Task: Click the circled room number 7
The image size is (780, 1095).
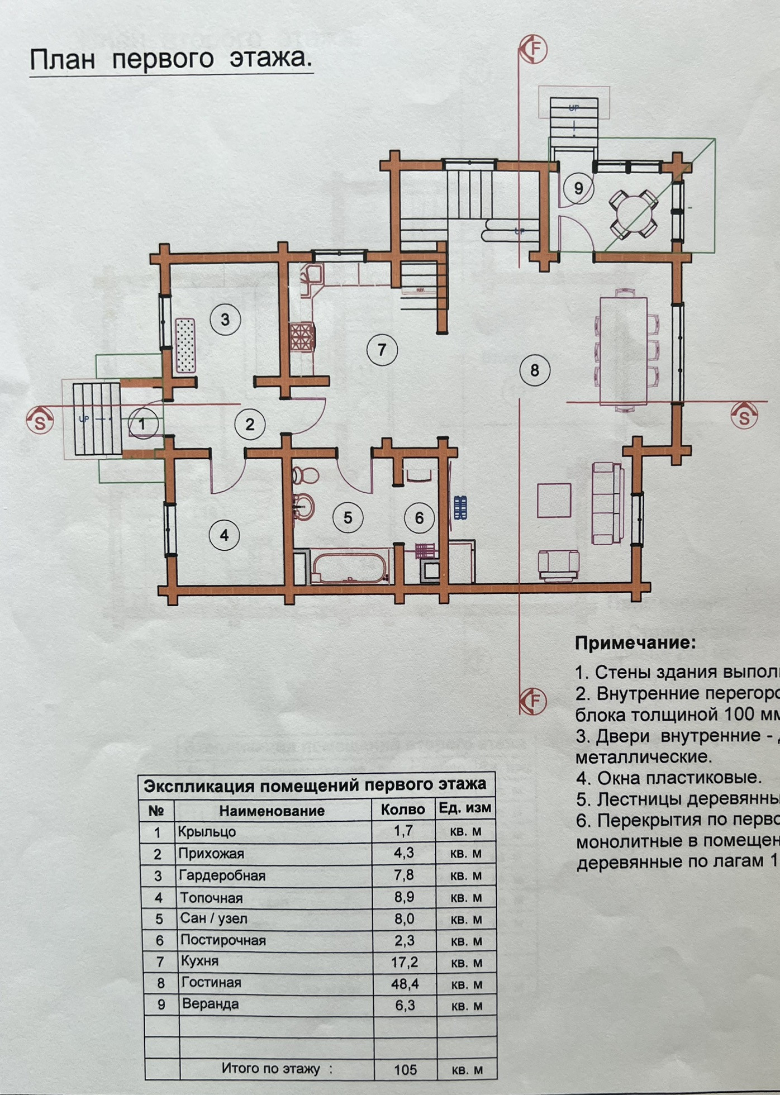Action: (x=382, y=350)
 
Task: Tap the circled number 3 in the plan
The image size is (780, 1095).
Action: (x=225, y=320)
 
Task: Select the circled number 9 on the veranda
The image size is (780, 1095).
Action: (x=578, y=188)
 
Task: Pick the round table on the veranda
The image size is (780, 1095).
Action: (x=634, y=213)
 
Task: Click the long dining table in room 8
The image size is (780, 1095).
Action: (x=624, y=350)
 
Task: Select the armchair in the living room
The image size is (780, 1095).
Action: (x=559, y=564)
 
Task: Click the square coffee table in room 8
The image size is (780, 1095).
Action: (x=554, y=501)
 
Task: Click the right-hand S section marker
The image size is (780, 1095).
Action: (x=744, y=417)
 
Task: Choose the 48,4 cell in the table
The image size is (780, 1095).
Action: (x=405, y=983)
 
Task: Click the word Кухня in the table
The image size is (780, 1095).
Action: (x=199, y=961)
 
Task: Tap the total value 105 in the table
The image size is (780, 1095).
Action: (x=405, y=1069)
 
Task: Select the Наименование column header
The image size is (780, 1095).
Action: (x=272, y=811)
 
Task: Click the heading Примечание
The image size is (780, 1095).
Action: (x=636, y=643)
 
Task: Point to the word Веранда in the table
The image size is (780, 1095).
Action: (x=210, y=1004)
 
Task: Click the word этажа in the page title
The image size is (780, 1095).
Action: (x=270, y=58)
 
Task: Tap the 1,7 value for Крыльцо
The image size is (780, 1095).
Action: (x=403, y=831)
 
